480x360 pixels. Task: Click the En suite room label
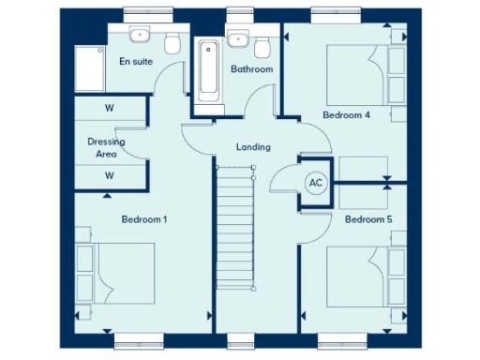point(136,61)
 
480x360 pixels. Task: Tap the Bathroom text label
point(251,69)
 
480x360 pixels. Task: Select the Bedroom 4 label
point(347,115)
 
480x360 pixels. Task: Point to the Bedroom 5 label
point(367,219)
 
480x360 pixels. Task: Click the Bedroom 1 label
point(144,219)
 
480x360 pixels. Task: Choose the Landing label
point(253,147)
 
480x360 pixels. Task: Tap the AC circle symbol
point(316,183)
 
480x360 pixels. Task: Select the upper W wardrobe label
point(110,108)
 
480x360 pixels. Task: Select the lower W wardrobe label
point(110,174)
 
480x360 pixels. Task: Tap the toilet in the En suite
point(172,43)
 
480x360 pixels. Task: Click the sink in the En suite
point(142,34)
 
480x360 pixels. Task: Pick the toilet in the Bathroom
point(262,46)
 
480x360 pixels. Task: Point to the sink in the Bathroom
point(237,38)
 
